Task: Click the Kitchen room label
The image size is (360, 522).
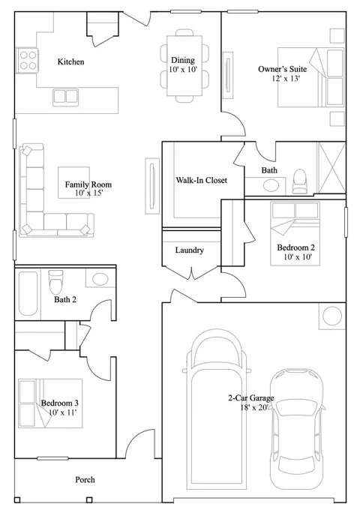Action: tap(70, 61)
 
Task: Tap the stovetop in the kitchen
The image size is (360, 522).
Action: tap(27, 60)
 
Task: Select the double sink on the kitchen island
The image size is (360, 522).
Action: tap(65, 97)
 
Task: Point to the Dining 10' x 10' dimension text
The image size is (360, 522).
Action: tap(183, 70)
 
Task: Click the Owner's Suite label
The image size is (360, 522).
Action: tap(283, 69)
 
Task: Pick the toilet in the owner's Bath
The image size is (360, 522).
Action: tap(299, 181)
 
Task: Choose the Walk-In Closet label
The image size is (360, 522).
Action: tap(202, 180)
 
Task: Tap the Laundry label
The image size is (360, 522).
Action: tap(190, 250)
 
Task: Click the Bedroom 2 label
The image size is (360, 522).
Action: tap(295, 247)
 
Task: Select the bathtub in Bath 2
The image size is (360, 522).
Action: tap(28, 294)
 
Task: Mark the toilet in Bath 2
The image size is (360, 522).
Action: tap(55, 282)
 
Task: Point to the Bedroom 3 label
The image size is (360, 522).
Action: tap(59, 403)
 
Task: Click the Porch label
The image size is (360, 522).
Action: tap(85, 480)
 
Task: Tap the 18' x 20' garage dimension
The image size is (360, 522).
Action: tap(254, 407)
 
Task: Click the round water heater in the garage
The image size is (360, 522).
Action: tap(332, 316)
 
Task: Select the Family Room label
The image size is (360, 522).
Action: tap(88, 184)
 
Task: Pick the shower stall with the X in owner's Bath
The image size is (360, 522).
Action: tap(331, 168)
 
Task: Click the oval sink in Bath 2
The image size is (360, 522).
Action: tap(100, 279)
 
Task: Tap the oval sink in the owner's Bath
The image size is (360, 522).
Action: tap(271, 185)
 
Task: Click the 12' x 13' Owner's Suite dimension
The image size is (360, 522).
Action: tap(286, 79)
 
